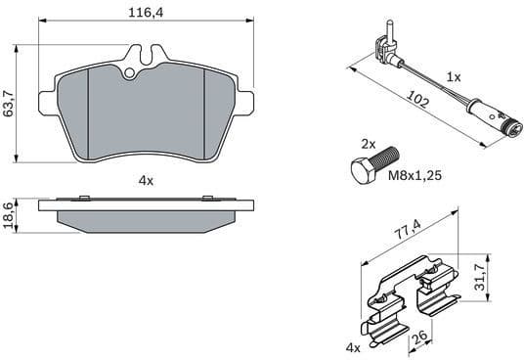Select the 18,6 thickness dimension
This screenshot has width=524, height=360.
10,213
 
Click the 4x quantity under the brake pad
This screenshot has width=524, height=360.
146,181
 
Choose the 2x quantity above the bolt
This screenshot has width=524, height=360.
369,143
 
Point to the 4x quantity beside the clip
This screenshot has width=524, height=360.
352,347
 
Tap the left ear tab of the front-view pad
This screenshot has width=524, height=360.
46,97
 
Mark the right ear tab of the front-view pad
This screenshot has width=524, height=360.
243,97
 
